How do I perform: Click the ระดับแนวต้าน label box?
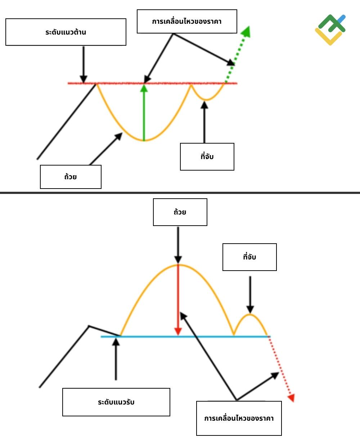pos(66,32)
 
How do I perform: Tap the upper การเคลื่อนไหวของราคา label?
pos(187,22)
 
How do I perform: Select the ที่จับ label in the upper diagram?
pos(207,157)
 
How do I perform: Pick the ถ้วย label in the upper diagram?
pos(71,177)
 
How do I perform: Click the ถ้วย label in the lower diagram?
pos(180,212)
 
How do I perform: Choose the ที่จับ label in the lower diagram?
pos(249,257)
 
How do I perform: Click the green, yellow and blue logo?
pos(330,30)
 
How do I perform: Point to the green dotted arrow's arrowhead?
pos(246,32)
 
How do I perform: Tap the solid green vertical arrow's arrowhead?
pos(144,88)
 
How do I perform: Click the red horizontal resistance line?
pos(152,83)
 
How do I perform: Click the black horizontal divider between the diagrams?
pos(180,193)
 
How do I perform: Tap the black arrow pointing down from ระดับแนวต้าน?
pos(84,65)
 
